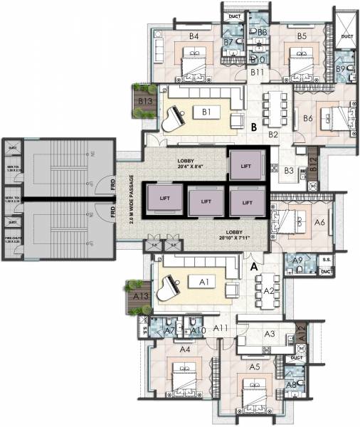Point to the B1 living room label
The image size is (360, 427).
pyautogui.click(x=208, y=112)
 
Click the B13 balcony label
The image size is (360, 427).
pyautogui.click(x=146, y=102)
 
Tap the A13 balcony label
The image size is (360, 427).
pyautogui.click(x=141, y=295)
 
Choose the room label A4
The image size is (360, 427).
pyautogui.click(x=184, y=349)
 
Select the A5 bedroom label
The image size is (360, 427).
pyautogui.click(x=254, y=367)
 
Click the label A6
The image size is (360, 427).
pyautogui.click(x=319, y=222)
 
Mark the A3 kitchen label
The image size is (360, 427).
pyautogui.click(x=270, y=334)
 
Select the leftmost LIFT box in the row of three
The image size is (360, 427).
pyautogui.click(x=164, y=201)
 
